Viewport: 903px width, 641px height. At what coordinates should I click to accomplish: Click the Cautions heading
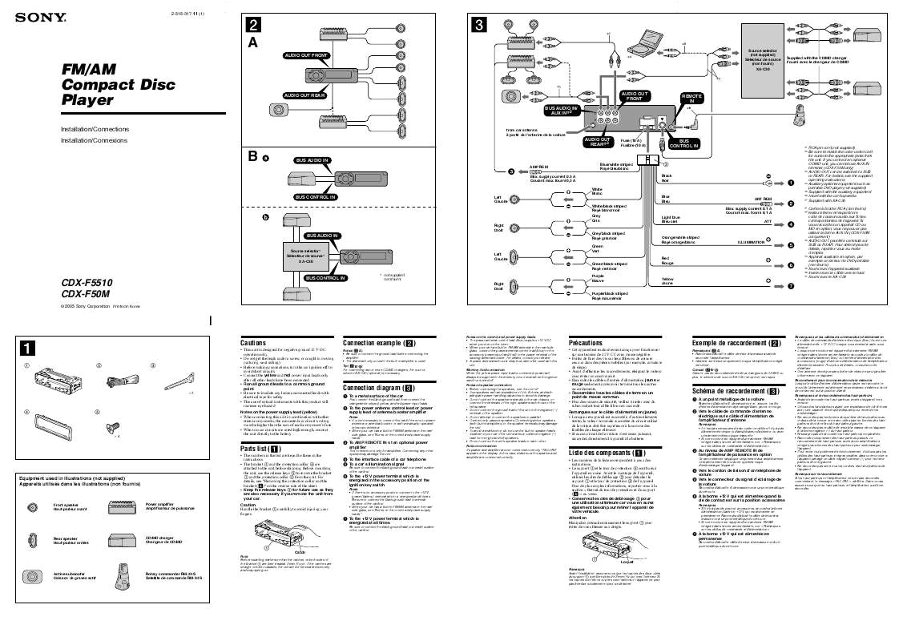[x=253, y=342]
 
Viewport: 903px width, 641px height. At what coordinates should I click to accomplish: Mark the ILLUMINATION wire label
[x=751, y=242]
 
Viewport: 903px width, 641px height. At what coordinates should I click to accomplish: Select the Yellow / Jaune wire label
[x=667, y=282]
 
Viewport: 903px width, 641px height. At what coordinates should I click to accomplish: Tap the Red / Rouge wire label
[x=666, y=260]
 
